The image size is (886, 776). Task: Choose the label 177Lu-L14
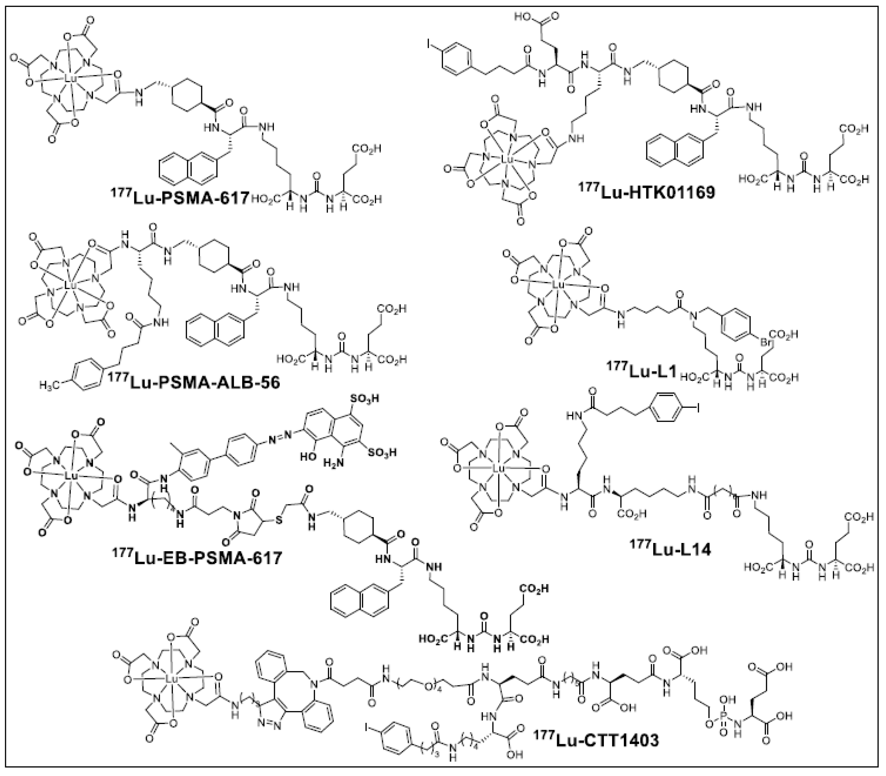click(x=670, y=549)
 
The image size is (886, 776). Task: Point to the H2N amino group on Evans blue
click(x=333, y=463)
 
